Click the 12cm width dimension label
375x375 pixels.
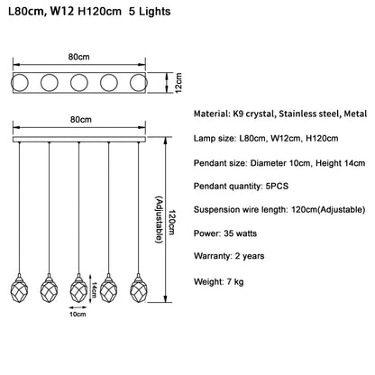pyautogui.click(x=178, y=83)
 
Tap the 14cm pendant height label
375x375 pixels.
pyautogui.click(x=95, y=289)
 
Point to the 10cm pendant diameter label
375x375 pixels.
pyautogui.click(x=78, y=315)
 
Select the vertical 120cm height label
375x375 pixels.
pyautogui.click(x=171, y=223)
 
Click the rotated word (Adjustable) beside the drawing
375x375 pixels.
pyautogui.click(x=160, y=220)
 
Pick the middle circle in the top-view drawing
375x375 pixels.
pyautogui.click(x=79, y=83)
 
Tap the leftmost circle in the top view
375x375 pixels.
pyautogui.click(x=20, y=83)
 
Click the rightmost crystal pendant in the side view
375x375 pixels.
pyautogui.click(x=139, y=288)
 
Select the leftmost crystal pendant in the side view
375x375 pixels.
pyautogui.click(x=19, y=288)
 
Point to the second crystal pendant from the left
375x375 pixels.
pyautogui.click(x=49, y=288)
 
